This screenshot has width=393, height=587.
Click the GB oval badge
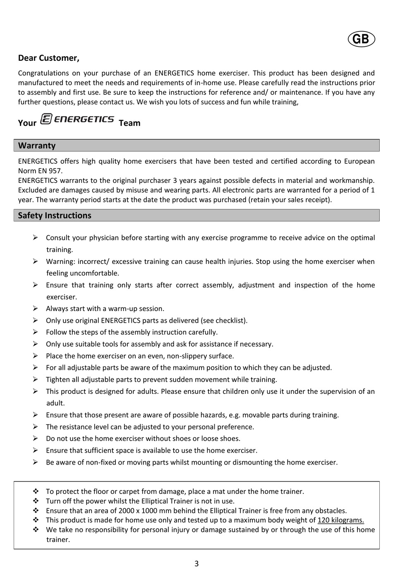[x=361, y=39]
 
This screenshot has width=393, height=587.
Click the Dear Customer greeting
[x=48, y=58]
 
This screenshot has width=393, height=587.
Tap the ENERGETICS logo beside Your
[x=77, y=120]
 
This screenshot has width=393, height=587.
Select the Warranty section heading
[x=37, y=146]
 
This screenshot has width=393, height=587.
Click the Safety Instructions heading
[x=55, y=216]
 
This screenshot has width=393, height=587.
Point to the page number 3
[x=196, y=563]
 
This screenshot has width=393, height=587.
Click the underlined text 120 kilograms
[x=340, y=520]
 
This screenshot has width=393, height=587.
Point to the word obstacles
[x=331, y=510]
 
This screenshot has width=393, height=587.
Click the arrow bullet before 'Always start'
[x=36, y=309]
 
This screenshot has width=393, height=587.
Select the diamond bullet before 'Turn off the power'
[x=36, y=501]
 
